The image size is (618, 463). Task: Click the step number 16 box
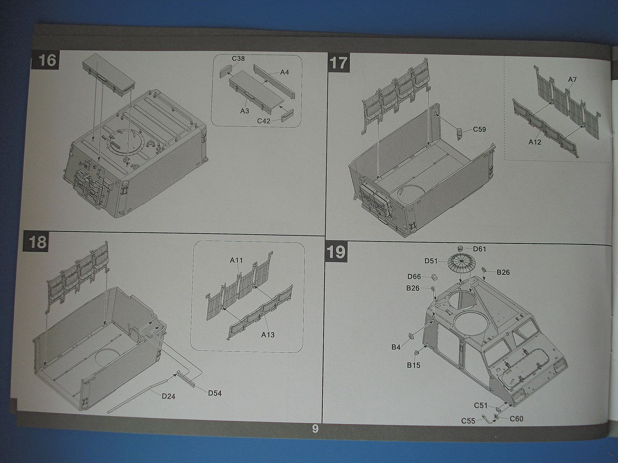point(45,60)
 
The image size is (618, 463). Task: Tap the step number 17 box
point(339,63)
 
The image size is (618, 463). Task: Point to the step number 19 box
point(336,252)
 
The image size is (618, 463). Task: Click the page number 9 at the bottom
point(315,428)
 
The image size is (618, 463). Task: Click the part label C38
point(238,58)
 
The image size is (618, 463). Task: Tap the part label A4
point(284,72)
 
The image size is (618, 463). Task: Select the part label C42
point(264,121)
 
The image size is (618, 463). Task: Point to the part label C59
point(479,129)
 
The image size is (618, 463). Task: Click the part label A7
point(572,79)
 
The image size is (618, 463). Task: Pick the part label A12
point(535,142)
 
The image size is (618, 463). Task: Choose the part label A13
point(268,335)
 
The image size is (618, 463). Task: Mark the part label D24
point(168,396)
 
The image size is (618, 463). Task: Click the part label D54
point(214,393)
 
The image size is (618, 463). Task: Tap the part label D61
point(479,249)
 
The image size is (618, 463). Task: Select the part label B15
point(413,365)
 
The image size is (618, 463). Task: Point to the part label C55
point(468,421)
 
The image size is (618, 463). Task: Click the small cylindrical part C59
point(459,134)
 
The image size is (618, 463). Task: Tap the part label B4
point(395,347)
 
